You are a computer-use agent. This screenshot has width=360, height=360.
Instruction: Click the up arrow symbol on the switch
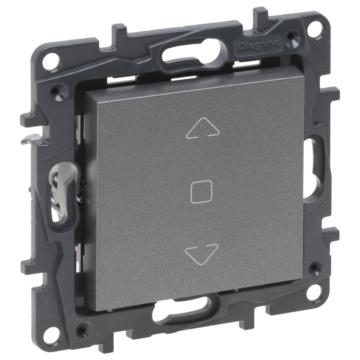(202, 129)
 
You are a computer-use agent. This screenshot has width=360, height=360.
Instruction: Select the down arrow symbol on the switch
(201, 254)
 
